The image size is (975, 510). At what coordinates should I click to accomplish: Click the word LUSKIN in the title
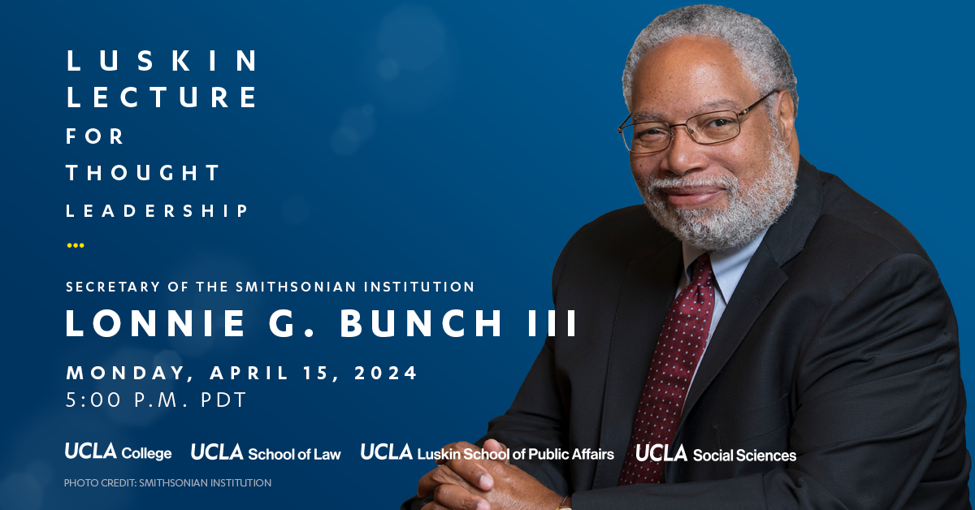tap(162, 60)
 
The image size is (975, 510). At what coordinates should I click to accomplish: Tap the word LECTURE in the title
tap(162, 97)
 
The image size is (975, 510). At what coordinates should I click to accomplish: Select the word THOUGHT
tap(143, 173)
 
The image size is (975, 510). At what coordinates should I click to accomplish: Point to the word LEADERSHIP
tap(157, 211)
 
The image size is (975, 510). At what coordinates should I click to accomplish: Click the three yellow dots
tap(76, 245)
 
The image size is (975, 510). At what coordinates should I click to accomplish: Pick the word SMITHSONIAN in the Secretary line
tap(296, 287)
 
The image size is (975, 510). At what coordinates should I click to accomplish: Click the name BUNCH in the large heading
tap(421, 323)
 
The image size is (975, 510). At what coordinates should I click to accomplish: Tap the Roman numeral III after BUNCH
tap(552, 323)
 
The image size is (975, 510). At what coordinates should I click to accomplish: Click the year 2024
tap(386, 373)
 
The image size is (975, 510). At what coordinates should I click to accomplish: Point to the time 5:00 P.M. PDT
tap(156, 400)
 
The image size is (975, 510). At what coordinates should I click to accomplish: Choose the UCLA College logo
tap(119, 452)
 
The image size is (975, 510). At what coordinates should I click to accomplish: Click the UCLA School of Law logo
tap(266, 452)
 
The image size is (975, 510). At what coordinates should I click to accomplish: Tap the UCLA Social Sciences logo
tap(716, 453)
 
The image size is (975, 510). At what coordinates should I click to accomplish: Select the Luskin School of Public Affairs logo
tap(487, 452)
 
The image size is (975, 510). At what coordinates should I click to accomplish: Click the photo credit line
tap(167, 483)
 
